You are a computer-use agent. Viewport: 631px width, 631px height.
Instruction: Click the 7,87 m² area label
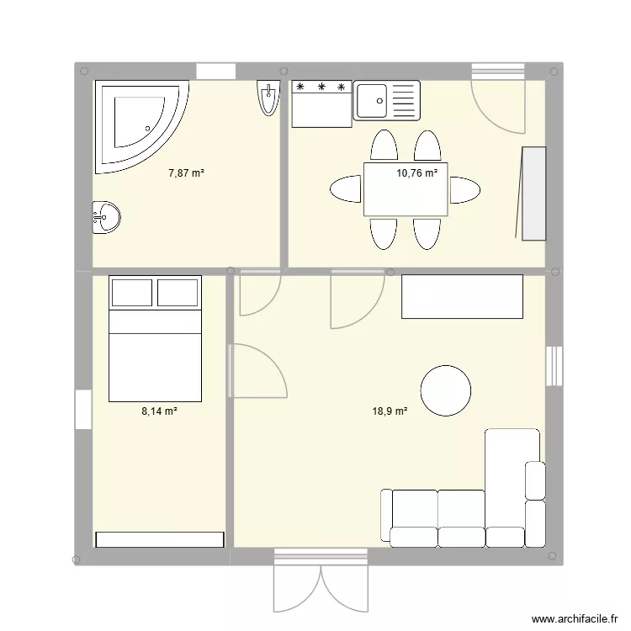point(187,173)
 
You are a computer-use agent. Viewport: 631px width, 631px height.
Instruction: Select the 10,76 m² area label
point(417,173)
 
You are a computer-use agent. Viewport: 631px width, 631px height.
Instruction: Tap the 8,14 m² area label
point(159,411)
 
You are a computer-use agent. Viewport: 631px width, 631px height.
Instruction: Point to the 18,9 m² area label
point(390,411)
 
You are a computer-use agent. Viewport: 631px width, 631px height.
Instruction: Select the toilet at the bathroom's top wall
point(268,99)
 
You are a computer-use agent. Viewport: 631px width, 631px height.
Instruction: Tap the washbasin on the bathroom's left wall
point(106,217)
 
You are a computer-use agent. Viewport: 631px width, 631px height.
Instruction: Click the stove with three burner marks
point(321,103)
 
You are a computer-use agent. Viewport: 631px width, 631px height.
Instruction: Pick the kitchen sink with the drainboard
point(386,101)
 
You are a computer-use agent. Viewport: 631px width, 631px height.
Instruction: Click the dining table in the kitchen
point(406,189)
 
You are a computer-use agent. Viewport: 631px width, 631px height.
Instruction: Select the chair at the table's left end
point(346,189)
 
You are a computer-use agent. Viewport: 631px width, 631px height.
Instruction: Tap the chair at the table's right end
point(464,190)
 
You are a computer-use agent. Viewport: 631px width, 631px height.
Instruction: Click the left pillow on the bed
point(132,292)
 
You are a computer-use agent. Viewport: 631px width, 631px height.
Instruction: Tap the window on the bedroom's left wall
point(82,409)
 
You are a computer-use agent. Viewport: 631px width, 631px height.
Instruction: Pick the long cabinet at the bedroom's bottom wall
point(160,539)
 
